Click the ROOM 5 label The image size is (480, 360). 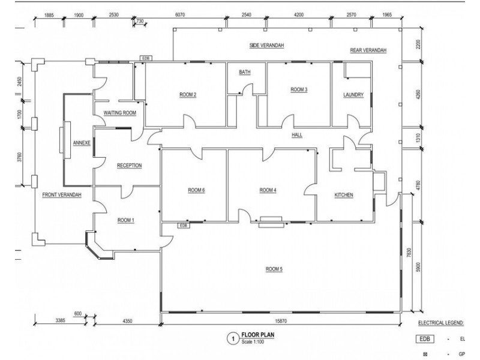(274, 269)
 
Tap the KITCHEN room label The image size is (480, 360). (344, 195)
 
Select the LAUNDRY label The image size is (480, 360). (353, 95)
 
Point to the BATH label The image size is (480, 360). (245, 72)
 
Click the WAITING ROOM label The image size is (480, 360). (119, 113)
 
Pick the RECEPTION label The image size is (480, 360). (130, 166)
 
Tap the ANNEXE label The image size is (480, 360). (82, 143)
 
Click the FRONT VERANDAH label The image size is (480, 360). (62, 194)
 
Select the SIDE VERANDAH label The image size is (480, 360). (266, 46)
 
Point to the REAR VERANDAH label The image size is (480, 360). (368, 50)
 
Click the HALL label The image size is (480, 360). (297, 135)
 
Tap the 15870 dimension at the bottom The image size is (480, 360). (281, 321)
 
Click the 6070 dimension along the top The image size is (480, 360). (180, 14)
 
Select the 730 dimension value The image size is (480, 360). (140, 21)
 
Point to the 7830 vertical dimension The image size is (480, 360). (409, 253)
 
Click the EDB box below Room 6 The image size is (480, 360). (184, 226)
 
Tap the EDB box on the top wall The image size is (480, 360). (146, 58)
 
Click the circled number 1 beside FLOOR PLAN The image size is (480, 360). (233, 339)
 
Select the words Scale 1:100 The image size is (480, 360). (253, 341)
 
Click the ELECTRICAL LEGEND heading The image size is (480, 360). (441, 323)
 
